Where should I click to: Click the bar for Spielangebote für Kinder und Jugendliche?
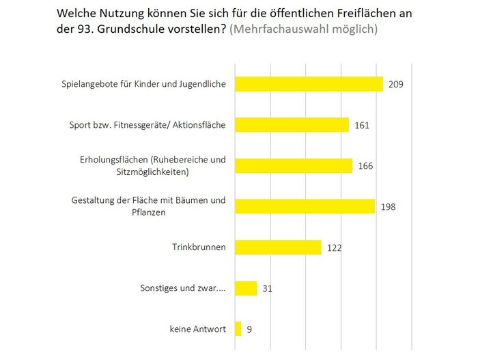pos(309,84)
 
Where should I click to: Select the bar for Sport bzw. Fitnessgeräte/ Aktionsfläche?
pos(292,125)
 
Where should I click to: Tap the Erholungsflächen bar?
pos(294,165)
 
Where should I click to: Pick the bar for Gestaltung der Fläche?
pos(305,206)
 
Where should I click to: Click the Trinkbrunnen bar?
pos(278,247)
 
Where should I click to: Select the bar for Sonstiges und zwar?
pos(246,288)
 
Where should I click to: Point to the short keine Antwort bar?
pos(238,329)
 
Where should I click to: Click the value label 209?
pos(397,85)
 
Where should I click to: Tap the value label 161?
pos(363,126)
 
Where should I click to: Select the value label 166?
pos(366,166)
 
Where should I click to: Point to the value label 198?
pos(389,207)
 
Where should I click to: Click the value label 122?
pos(335,248)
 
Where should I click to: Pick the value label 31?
pos(268,289)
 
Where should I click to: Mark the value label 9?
pos(250,330)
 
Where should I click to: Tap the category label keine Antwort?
pos(197,329)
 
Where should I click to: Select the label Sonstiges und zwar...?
pos(180,288)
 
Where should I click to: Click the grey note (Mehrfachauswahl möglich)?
pos(304,30)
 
